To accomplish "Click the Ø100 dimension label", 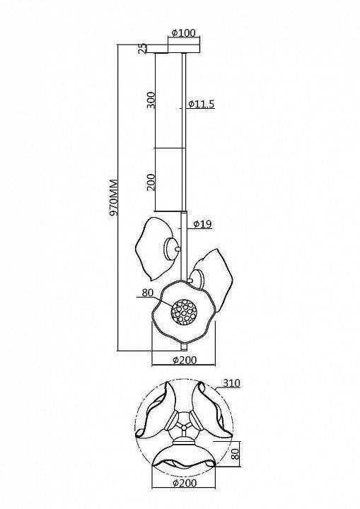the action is tap(183, 33).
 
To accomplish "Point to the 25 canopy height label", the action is tap(142, 49).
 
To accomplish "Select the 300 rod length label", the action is tap(151, 100).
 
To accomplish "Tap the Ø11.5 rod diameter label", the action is tap(201, 104).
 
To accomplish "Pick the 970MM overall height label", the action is tap(114, 197).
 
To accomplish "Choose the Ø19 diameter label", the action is tap(202, 223).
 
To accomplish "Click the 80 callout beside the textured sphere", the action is tap(148, 293).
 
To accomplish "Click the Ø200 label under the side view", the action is tap(185, 360).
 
